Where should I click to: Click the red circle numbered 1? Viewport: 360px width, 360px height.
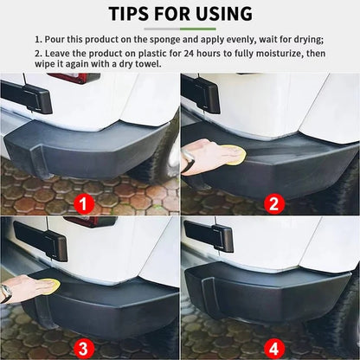[x=84, y=204]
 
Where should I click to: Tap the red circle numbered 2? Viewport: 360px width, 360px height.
[x=273, y=204]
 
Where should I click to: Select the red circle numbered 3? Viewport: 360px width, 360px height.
[x=84, y=349]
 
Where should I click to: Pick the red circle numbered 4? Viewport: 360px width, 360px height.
[x=273, y=349]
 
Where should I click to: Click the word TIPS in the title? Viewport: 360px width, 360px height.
[x=133, y=14]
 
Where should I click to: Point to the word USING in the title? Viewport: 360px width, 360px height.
[x=222, y=14]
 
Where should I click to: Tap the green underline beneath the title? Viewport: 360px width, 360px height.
[x=179, y=29]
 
